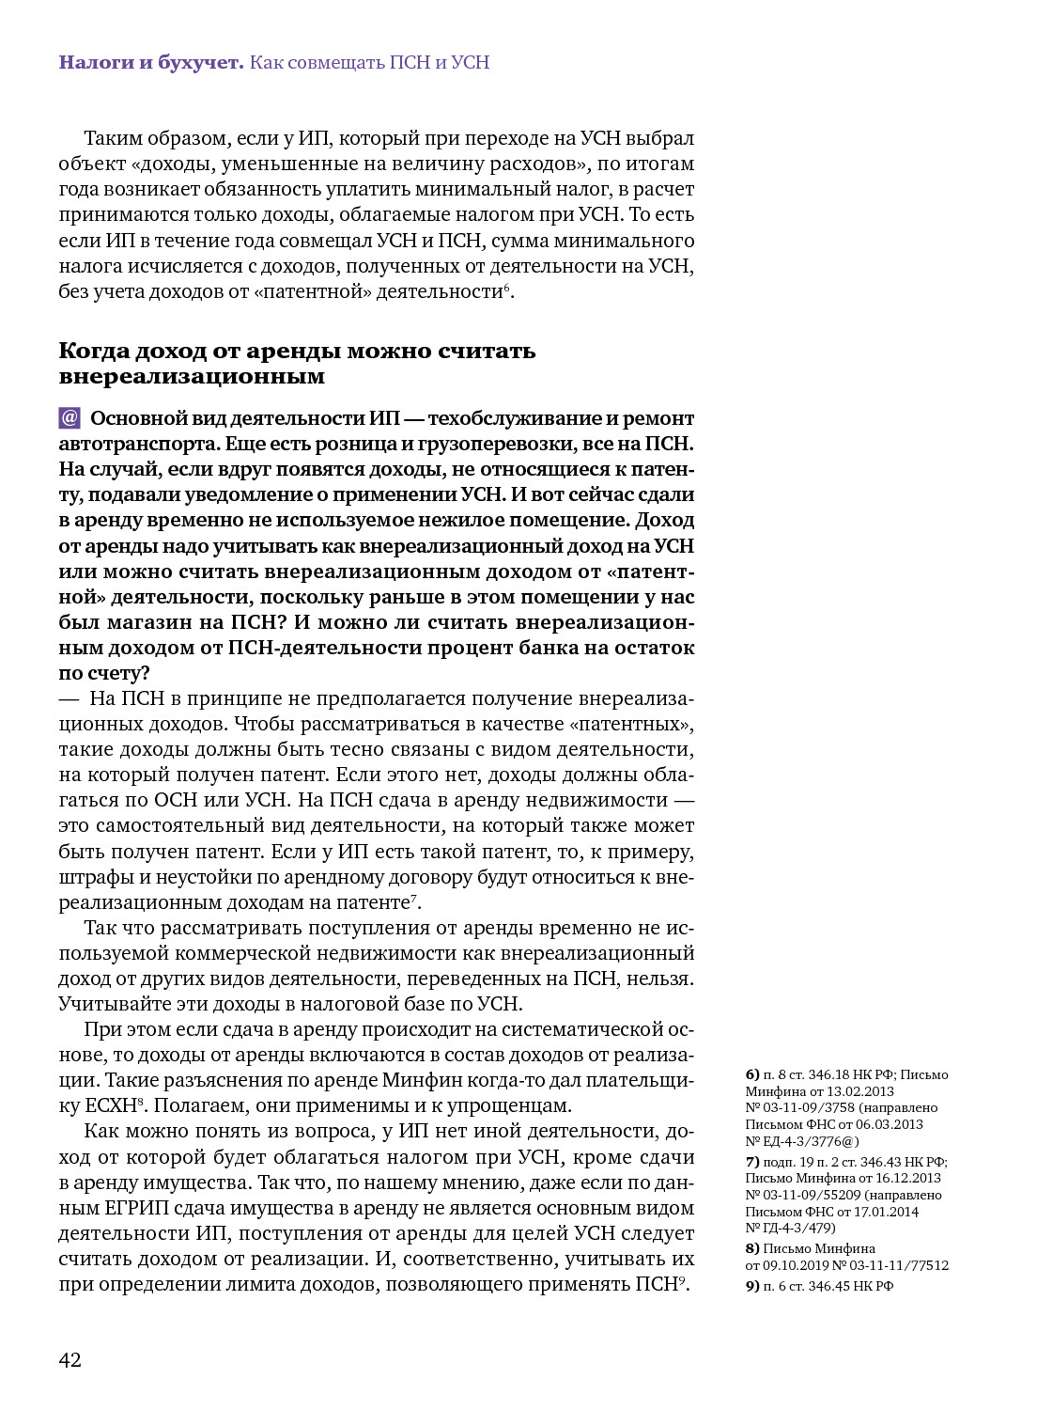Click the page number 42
click(70, 1360)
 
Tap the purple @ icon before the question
click(70, 418)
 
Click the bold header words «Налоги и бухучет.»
click(151, 63)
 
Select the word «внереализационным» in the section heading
click(192, 377)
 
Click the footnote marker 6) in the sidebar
click(752, 1074)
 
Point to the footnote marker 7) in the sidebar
click(752, 1162)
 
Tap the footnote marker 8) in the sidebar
click(752, 1248)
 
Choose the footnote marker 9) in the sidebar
click(752, 1286)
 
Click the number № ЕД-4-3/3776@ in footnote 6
click(802, 1141)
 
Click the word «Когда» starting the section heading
click(93, 352)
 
